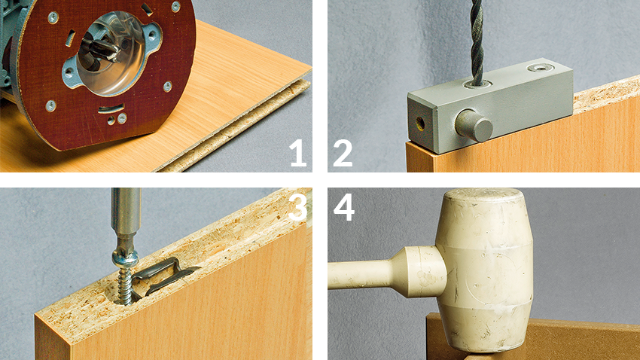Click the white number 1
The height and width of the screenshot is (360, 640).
(298, 153)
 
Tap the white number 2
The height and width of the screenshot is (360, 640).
(343, 153)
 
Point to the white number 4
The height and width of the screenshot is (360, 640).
(344, 207)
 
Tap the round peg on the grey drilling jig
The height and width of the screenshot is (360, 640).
(474, 125)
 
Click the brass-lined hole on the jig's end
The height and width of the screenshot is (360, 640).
(420, 122)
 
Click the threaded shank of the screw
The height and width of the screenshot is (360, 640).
(126, 285)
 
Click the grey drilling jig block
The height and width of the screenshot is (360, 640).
(490, 106)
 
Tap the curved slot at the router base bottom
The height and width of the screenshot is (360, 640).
(111, 108)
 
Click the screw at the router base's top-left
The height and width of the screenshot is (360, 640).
(53, 17)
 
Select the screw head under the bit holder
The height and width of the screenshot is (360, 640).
(125, 259)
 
